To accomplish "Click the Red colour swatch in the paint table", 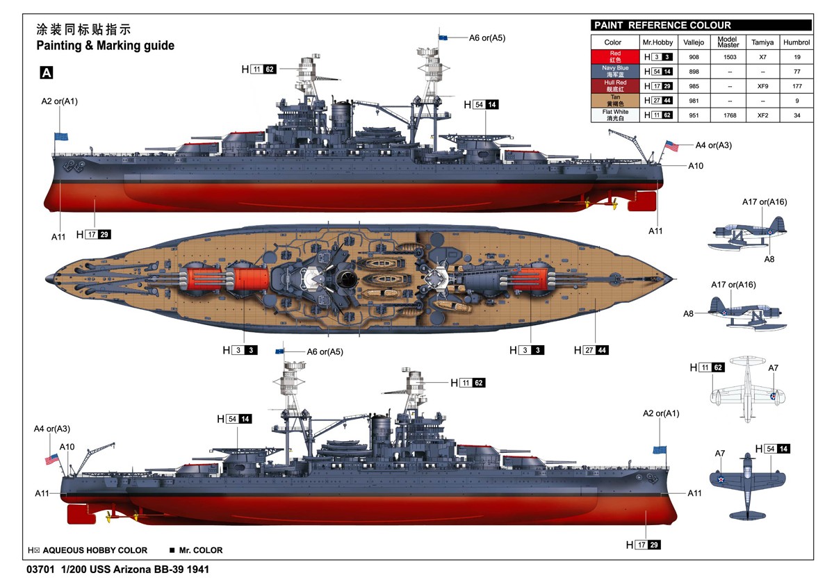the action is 615,57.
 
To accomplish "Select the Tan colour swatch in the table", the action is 615,101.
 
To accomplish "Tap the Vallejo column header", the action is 694,42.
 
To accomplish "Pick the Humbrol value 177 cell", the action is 796,86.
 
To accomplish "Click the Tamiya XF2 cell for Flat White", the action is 762,115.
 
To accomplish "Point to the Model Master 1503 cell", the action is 730,57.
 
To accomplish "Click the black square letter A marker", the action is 47,72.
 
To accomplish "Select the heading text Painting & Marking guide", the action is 106,45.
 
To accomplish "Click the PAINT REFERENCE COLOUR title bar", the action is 701,25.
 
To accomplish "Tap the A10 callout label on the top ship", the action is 696,166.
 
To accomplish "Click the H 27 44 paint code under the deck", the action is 591,350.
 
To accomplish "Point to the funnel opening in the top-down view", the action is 346,279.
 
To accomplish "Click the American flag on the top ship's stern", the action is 671,146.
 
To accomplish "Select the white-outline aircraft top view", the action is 748,390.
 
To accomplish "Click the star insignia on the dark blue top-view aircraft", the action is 721,479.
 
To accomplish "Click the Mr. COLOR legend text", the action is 201,550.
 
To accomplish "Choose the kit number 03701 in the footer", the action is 40,570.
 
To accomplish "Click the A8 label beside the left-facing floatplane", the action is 688,314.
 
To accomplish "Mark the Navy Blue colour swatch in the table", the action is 615,72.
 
